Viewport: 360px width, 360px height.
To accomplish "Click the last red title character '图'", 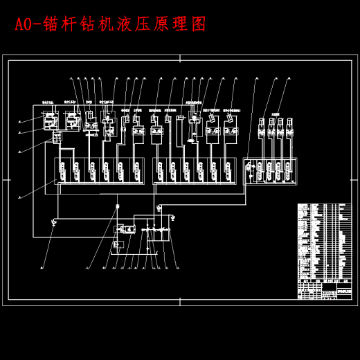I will point(199,24).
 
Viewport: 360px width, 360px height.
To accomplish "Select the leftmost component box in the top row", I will point(51,122).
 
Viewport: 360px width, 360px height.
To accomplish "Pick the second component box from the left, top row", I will point(71,121).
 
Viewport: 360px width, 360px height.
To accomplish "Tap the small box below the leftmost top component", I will point(56,138).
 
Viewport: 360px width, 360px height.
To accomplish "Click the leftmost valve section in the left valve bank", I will point(63,170).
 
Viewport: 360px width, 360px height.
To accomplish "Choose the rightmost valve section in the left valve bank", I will point(134,170).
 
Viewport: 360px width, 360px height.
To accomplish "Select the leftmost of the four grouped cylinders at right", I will point(262,131).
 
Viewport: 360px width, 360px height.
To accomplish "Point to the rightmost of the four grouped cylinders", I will point(289,131).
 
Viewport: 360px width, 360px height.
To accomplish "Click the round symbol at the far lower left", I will point(54,222).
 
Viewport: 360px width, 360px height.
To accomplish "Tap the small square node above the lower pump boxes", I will point(117,206).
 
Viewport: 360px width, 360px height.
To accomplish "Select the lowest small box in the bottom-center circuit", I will point(118,244).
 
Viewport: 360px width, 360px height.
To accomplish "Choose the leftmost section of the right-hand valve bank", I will point(250,170).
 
